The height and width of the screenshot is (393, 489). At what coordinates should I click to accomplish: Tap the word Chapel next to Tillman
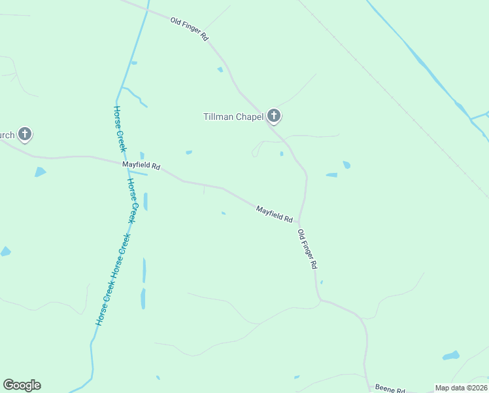250,117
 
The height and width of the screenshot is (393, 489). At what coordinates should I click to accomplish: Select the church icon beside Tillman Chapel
274,117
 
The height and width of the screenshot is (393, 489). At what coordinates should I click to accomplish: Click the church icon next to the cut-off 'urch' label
25,134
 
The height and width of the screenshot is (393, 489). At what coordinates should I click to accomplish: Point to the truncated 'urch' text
7,136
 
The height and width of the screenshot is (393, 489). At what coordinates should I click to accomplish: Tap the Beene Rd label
390,388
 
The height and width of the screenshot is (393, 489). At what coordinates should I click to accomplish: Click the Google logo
22,385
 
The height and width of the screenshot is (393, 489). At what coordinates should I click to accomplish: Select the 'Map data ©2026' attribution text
461,388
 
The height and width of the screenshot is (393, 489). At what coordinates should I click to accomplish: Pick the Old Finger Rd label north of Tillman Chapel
189,30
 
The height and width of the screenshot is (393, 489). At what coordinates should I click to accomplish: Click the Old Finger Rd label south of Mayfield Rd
307,250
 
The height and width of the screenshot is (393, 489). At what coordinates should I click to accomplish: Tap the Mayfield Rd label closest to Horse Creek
141,166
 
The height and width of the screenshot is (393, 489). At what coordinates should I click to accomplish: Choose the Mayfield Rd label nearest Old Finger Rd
274,214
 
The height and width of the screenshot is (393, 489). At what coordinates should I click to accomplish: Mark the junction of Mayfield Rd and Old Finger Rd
299,221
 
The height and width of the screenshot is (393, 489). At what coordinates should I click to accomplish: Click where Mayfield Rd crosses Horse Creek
127,164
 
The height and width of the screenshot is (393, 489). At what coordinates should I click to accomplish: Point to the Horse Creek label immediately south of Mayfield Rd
133,200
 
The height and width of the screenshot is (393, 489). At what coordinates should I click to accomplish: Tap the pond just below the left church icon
41,172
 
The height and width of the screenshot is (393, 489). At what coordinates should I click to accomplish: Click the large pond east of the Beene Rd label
451,356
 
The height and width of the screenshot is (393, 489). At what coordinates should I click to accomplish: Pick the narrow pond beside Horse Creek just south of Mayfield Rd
145,201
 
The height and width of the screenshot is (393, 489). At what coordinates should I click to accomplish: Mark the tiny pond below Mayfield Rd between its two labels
224,213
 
